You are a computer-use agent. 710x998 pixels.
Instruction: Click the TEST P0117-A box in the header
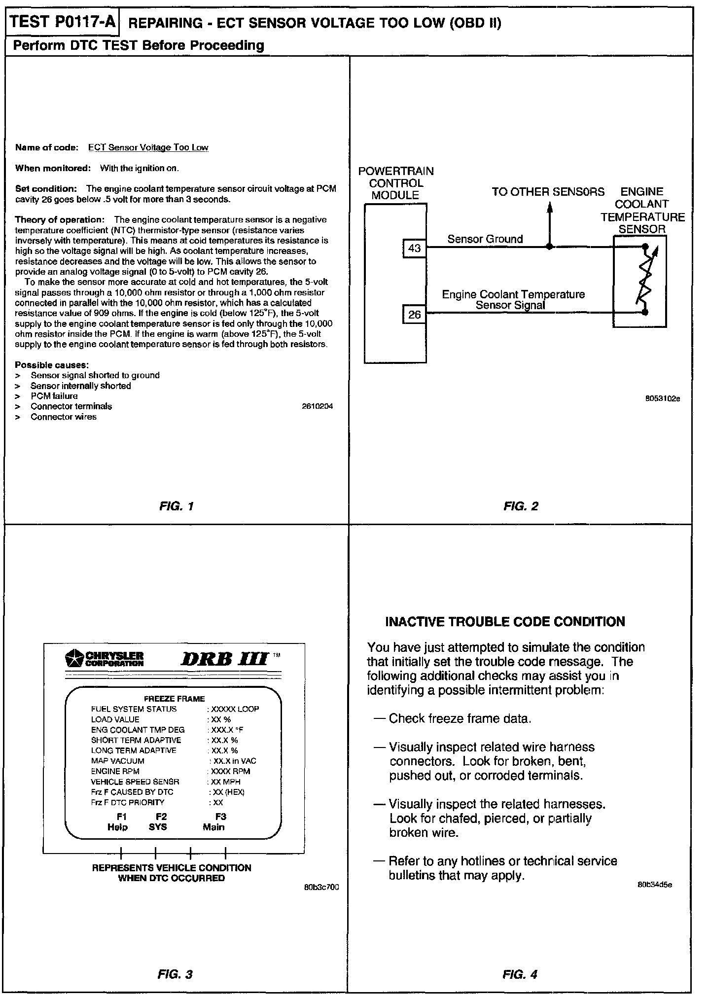62,22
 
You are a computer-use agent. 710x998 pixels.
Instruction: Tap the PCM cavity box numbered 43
414,248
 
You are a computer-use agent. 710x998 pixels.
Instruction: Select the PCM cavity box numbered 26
414,314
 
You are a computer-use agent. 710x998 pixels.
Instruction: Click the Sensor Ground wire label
485,239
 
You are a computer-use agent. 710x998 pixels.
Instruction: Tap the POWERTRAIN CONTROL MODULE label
395,183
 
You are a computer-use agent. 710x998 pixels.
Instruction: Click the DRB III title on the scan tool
224,659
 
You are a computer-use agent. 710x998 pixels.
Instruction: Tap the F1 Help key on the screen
118,822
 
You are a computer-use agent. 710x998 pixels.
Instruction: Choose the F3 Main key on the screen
214,822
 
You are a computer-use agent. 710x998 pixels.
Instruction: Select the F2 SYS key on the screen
158,822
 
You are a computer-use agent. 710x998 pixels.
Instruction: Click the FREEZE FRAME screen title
174,698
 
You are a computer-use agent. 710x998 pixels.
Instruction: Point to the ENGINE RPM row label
115,771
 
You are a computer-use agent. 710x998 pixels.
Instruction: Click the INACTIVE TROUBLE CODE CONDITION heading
505,621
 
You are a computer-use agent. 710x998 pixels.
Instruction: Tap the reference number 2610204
317,406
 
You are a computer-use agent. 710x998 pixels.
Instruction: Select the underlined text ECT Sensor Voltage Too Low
148,147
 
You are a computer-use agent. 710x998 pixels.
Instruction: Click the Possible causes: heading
52,365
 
